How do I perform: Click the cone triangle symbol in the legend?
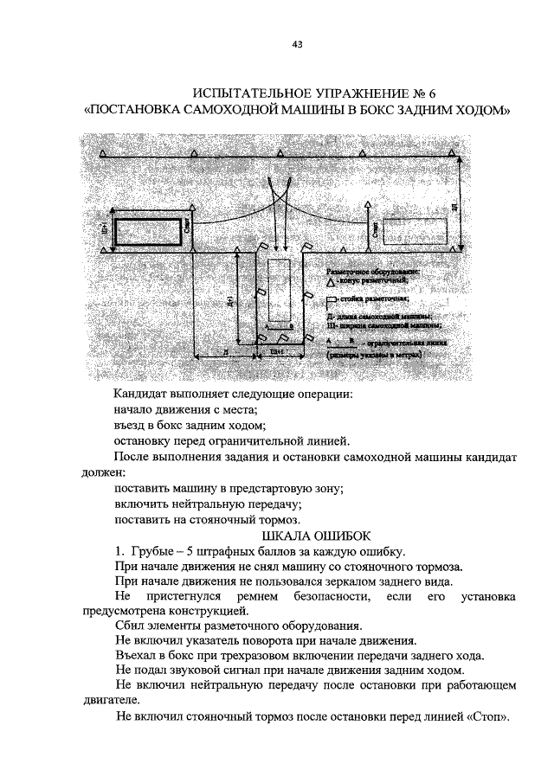tap(332, 280)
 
